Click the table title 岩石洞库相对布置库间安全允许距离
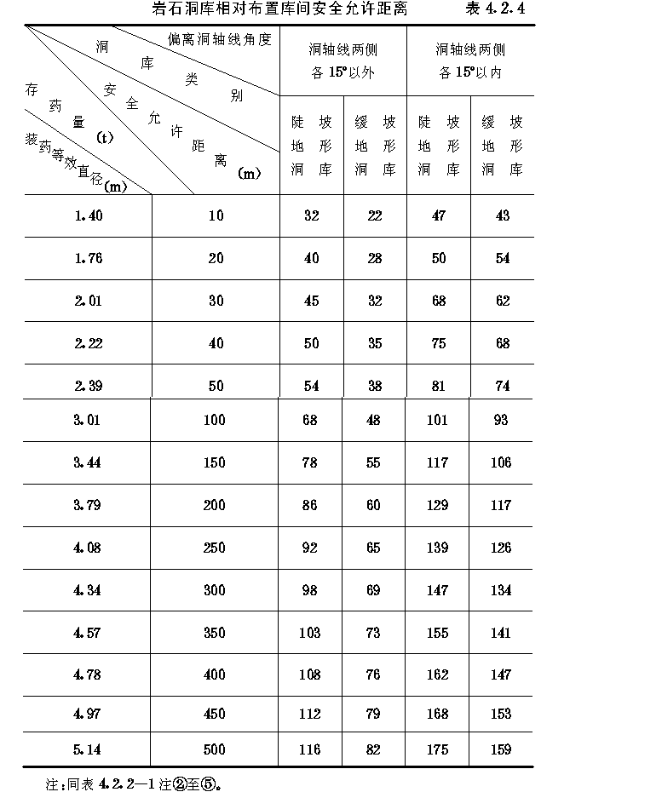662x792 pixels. pyautogui.click(x=279, y=9)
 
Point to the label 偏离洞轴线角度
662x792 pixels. pyautogui.click(x=219, y=39)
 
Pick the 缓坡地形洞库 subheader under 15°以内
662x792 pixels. pyautogui.click(x=503, y=146)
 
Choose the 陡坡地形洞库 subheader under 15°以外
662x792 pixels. pyautogui.click(x=312, y=146)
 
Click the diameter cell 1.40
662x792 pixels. pyautogui.click(x=89, y=216)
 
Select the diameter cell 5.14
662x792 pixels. pyautogui.click(x=89, y=749)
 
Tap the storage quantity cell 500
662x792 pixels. pyautogui.click(x=216, y=749)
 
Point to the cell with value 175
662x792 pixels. pyautogui.click(x=438, y=749)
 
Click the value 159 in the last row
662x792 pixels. pyautogui.click(x=501, y=749)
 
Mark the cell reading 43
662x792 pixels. pyautogui.click(x=503, y=216)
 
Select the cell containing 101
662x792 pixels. pyautogui.click(x=438, y=419)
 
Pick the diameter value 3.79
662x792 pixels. pyautogui.click(x=89, y=505)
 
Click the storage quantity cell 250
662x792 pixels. pyautogui.click(x=216, y=548)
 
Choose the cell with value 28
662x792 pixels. pyautogui.click(x=375, y=259)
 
